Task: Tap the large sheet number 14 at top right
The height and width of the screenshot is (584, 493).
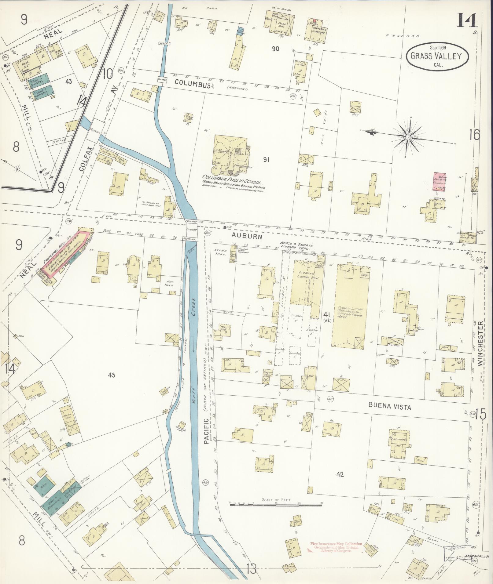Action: pyautogui.click(x=467, y=20)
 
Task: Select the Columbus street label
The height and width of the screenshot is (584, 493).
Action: pyautogui.click(x=193, y=83)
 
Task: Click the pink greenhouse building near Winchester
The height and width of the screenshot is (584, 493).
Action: pyautogui.click(x=440, y=181)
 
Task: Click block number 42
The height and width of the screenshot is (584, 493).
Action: pyautogui.click(x=340, y=474)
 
